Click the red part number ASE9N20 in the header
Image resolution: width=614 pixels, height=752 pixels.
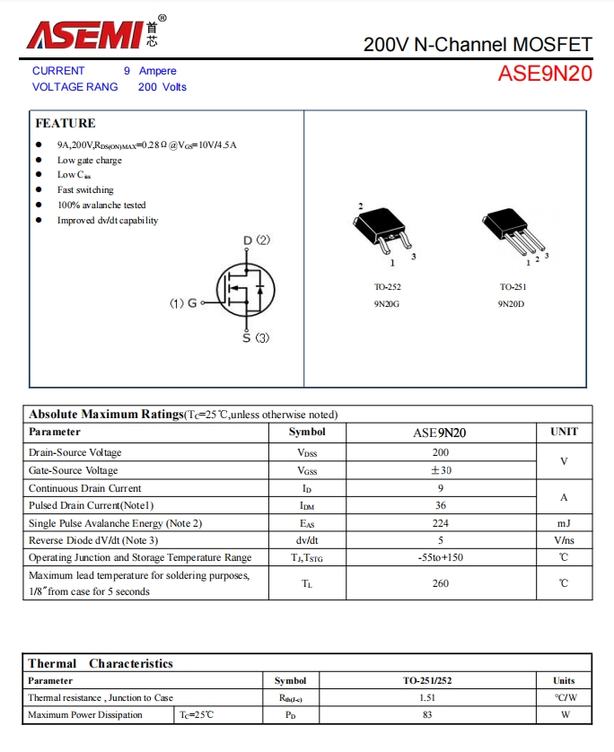545,74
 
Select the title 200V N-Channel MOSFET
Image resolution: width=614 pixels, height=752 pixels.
478,44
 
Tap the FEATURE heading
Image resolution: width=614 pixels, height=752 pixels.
65,123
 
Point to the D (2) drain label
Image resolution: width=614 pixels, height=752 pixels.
257,240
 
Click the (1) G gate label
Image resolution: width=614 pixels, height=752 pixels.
183,303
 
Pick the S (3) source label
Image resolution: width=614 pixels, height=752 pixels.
256,338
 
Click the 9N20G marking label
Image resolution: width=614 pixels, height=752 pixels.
387,304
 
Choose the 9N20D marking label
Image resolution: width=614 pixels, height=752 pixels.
512,304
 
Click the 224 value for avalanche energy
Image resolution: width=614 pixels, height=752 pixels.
440,523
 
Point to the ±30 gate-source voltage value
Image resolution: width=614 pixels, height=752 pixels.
440,470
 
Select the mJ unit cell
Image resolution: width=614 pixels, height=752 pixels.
563,523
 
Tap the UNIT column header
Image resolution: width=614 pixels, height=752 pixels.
564,432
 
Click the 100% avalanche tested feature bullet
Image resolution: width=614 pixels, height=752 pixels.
101,205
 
